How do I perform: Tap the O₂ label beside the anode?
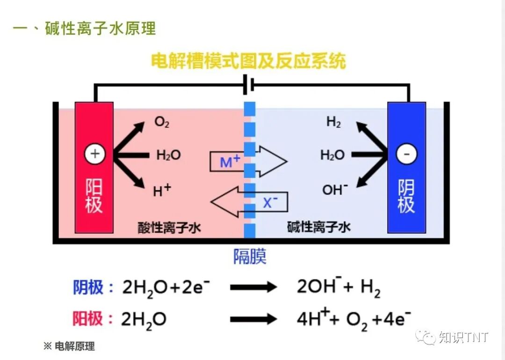click(162, 122)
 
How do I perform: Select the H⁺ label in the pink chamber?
click(162, 190)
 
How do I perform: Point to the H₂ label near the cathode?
click(334, 122)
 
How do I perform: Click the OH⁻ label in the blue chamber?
click(335, 190)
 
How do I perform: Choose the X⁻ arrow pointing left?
click(249, 202)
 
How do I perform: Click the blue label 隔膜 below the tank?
click(250, 256)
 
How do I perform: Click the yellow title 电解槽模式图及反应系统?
click(248, 61)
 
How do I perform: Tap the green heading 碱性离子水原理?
click(100, 29)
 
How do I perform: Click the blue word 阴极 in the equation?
click(88, 287)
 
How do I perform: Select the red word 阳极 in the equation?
click(88, 319)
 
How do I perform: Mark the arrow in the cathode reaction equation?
click(254, 287)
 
